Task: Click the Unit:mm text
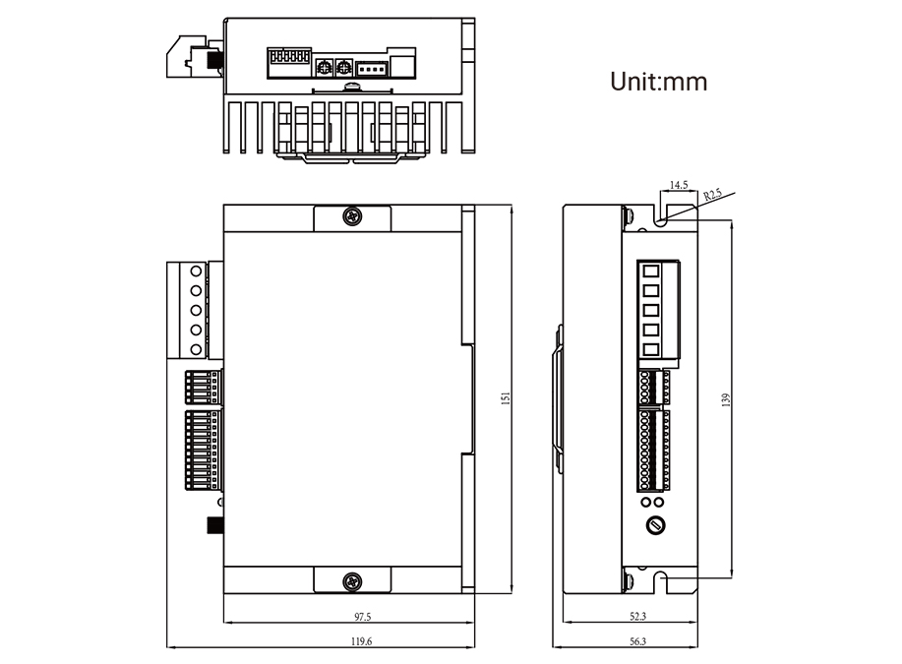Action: (x=659, y=82)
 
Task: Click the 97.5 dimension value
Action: (x=362, y=617)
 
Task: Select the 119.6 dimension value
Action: (x=361, y=641)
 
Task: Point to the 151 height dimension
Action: (x=506, y=398)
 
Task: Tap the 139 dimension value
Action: (x=725, y=400)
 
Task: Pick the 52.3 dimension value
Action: (x=638, y=616)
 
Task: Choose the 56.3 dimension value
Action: (x=638, y=641)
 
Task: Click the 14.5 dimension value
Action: (x=679, y=185)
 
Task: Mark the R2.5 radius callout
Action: (x=712, y=195)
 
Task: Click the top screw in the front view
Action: (x=352, y=217)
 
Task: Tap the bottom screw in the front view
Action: (x=352, y=581)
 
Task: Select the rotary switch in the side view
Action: (x=655, y=525)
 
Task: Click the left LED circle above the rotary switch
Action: (x=646, y=503)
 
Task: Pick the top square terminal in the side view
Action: (x=650, y=271)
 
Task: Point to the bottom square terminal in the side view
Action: (x=650, y=349)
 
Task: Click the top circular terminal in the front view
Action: (x=196, y=271)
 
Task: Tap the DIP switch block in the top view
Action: (x=289, y=56)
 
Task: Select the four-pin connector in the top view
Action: (x=371, y=69)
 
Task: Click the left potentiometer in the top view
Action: (x=325, y=68)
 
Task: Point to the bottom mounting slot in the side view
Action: (x=662, y=582)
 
